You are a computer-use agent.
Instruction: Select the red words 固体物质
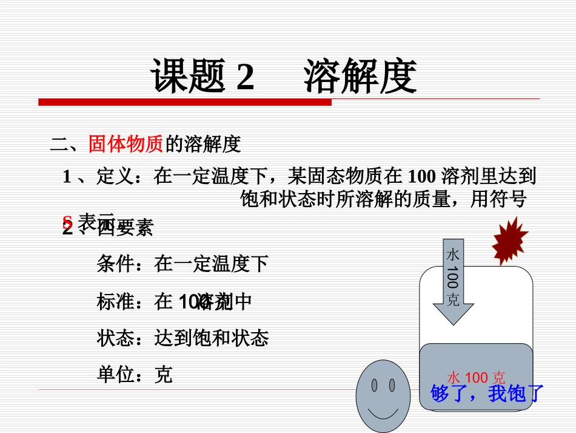[x=126, y=144]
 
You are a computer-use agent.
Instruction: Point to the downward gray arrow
[x=454, y=283]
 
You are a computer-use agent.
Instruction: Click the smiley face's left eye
[x=374, y=385]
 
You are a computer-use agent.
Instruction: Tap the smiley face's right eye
[x=391, y=385]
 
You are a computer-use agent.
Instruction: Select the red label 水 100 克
[x=476, y=378]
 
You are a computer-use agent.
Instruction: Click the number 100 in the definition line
[x=422, y=177]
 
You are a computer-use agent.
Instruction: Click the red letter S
[x=67, y=221]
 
